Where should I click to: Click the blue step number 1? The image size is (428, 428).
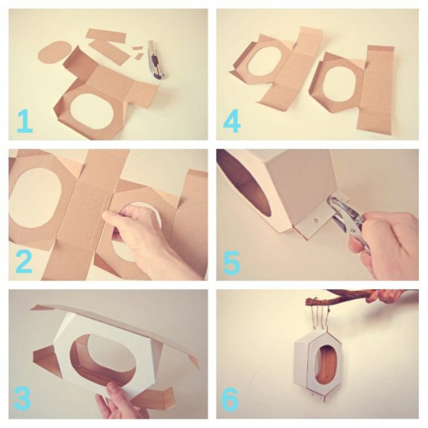pyautogui.click(x=25, y=121)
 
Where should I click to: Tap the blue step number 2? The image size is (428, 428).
pyautogui.click(x=24, y=262)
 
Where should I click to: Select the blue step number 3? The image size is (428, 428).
pyautogui.click(x=22, y=398)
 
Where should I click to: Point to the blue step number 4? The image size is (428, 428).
pyautogui.click(x=232, y=121)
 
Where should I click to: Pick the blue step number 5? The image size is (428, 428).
pyautogui.click(x=232, y=263)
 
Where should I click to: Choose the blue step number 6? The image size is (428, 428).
pyautogui.click(x=230, y=399)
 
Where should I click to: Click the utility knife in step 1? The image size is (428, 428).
pyautogui.click(x=155, y=60)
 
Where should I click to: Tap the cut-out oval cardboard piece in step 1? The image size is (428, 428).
pyautogui.click(x=55, y=52)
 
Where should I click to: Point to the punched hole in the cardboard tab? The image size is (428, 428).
pyautogui.click(x=316, y=220)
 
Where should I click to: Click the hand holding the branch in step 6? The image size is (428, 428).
pyautogui.click(x=385, y=296)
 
